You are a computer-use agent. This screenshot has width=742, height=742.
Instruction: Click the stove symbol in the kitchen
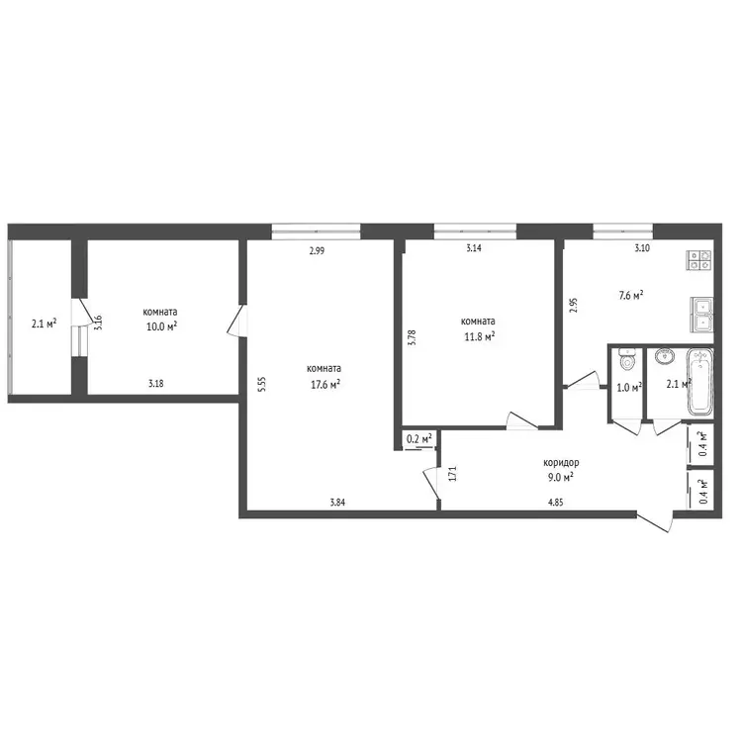699,260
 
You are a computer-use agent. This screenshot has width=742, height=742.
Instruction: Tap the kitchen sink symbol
701,315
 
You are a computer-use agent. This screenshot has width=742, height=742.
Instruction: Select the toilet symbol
627,360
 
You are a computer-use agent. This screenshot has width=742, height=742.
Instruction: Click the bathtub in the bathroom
699,382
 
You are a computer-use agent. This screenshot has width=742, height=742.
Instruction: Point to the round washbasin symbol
666,357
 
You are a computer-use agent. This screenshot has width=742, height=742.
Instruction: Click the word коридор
561,463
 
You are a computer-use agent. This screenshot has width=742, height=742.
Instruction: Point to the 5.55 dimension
262,384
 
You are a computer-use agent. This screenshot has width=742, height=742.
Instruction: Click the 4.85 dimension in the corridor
556,503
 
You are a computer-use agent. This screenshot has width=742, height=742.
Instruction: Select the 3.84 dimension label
337,503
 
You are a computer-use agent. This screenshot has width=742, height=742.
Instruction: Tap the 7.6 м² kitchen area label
631,296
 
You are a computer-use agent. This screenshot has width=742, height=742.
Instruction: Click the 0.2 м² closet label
419,439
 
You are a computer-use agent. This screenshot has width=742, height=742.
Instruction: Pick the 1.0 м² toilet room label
629,388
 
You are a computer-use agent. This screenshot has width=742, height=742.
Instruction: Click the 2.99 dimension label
317,251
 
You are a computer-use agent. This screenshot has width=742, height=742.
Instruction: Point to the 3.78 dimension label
413,338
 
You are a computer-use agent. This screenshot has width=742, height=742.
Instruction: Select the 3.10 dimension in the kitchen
642,248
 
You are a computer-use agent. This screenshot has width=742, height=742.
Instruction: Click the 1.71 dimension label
453,474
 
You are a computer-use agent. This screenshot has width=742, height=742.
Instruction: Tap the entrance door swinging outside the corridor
655,522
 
